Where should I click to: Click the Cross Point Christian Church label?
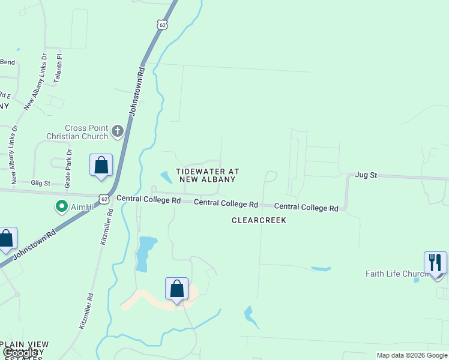[x=78, y=132]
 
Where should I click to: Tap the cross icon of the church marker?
[x=118, y=130]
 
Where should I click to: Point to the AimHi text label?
[x=80, y=208]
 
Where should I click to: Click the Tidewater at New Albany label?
[x=208, y=176]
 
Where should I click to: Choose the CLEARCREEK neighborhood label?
[x=259, y=220]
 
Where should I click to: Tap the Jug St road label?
[x=366, y=175]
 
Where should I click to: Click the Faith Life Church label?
[x=397, y=274]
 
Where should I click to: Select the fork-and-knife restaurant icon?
[x=435, y=262]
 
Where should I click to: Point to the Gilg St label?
[x=41, y=182]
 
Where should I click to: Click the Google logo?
[x=20, y=353]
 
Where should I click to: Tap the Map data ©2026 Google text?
[x=412, y=355]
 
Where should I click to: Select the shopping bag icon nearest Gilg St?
[x=101, y=165]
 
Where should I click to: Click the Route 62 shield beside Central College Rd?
[x=104, y=199]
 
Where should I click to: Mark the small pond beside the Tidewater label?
[x=166, y=178]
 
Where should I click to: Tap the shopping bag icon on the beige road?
[x=177, y=289]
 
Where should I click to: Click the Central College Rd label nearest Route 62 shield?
[x=148, y=199]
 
